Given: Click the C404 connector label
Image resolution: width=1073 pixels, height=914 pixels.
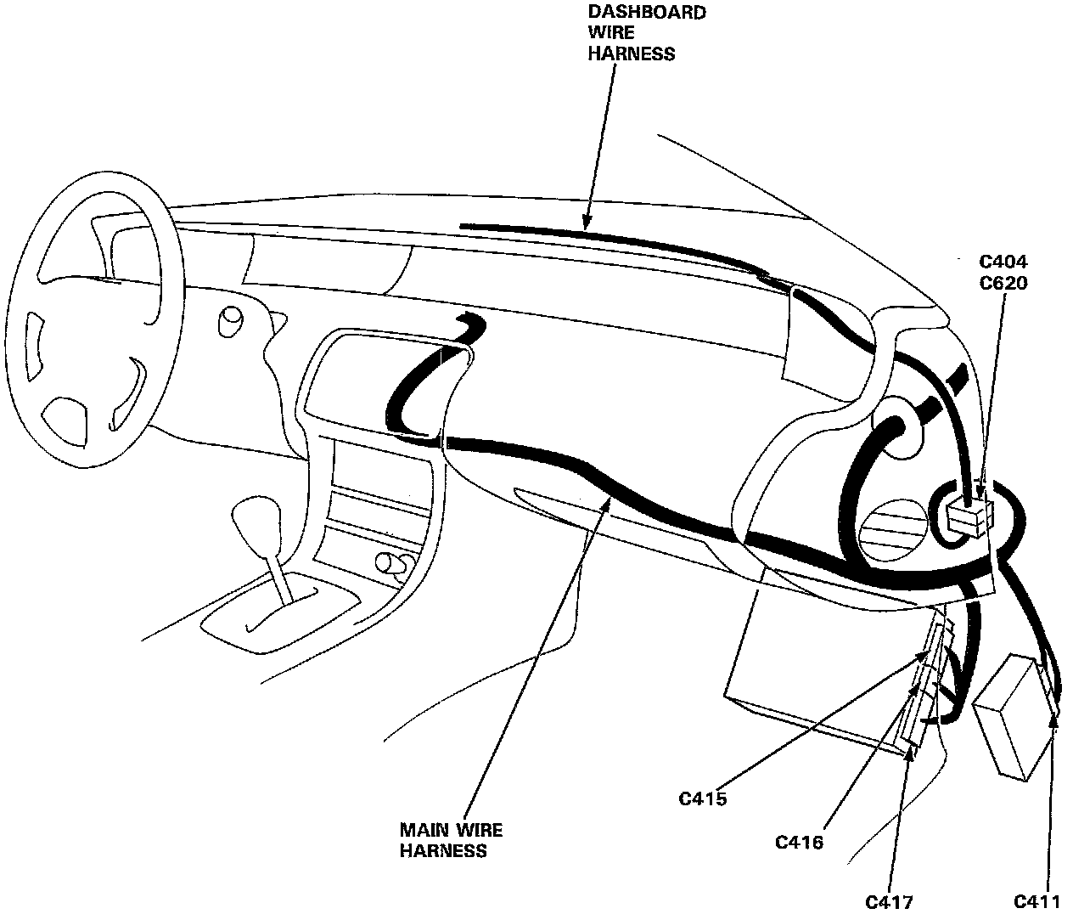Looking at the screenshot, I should (1003, 262).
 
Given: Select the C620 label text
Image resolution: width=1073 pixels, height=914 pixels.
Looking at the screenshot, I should (1003, 283).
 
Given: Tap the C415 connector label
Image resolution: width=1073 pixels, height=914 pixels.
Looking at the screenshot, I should (703, 798).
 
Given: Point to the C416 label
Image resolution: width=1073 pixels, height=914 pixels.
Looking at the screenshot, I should (799, 843).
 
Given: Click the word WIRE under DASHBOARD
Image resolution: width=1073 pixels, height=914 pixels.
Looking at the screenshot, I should (609, 33).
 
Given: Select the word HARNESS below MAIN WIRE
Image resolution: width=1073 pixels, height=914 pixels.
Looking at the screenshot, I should (443, 850).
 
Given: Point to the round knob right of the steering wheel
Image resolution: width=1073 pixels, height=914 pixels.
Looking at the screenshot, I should (229, 321).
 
